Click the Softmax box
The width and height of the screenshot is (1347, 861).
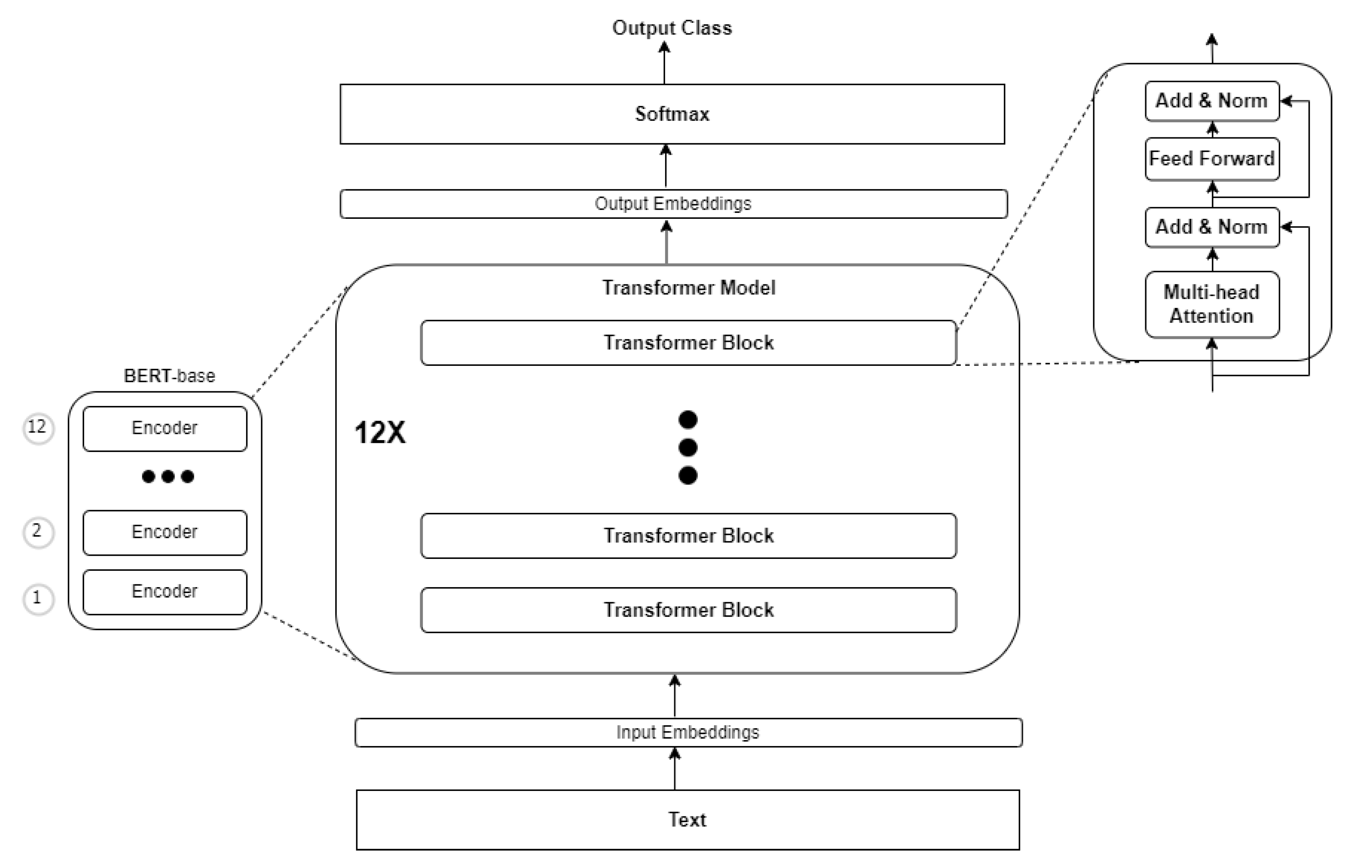tap(672, 114)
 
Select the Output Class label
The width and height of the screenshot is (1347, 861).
tap(672, 28)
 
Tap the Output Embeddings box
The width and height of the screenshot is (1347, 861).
tap(673, 203)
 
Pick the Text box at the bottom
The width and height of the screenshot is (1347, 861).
tap(687, 820)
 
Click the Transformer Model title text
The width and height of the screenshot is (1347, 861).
tap(688, 287)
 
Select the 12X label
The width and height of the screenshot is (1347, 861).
tap(380, 433)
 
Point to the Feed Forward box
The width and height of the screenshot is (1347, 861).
tap(1212, 159)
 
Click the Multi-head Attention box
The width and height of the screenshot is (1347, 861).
tap(1212, 304)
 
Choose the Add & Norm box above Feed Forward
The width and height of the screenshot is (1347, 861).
tap(1212, 101)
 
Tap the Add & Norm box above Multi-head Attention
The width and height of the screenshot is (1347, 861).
tap(1212, 227)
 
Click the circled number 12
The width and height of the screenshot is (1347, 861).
tap(38, 428)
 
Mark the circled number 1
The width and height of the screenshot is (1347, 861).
tap(38, 599)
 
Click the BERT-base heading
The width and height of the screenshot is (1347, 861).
tap(169, 376)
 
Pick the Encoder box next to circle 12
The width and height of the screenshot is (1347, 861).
tap(165, 428)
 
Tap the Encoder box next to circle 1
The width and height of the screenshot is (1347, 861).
tap(165, 592)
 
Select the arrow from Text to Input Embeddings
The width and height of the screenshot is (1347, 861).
tap(675, 769)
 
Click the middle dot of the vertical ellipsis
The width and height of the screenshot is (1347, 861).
tap(687, 447)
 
